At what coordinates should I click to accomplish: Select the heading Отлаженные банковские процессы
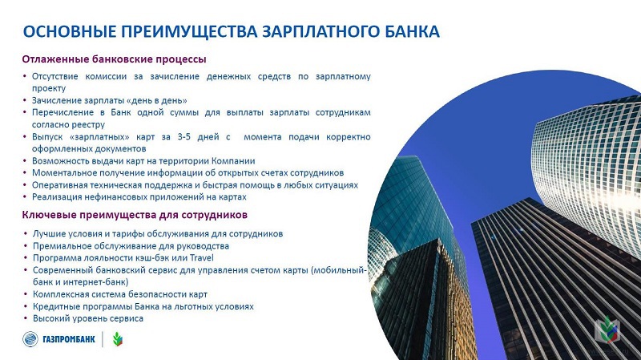tap(114, 59)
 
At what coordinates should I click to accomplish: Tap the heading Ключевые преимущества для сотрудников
tap(135, 215)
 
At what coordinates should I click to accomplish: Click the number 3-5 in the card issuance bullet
tap(184, 136)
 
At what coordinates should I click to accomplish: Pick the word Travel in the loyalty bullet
tap(202, 257)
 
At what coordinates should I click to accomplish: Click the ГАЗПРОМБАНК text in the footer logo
tap(69, 339)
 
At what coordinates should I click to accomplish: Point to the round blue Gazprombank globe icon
tap(30, 339)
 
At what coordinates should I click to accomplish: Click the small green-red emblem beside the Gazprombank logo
tap(118, 339)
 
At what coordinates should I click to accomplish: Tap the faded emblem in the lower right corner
tap(607, 330)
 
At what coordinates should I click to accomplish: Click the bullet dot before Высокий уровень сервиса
tap(26, 318)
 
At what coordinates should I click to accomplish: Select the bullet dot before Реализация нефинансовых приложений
tap(25, 196)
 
